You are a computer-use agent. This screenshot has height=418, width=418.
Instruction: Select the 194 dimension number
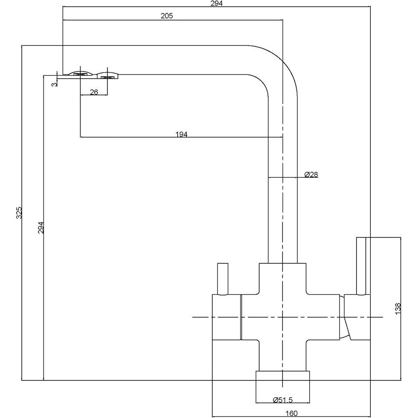[181, 134]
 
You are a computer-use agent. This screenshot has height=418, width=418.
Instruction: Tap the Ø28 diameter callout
[311, 175]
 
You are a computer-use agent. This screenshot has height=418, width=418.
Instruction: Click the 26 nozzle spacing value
[94, 92]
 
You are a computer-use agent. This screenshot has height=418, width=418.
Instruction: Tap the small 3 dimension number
[53, 85]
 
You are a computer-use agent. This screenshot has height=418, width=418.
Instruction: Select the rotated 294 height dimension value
[41, 227]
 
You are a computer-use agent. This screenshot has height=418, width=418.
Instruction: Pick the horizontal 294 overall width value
[217, 4]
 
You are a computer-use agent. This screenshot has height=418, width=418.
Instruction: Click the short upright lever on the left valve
[222, 279]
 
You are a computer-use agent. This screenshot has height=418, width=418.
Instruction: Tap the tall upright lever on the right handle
[361, 265]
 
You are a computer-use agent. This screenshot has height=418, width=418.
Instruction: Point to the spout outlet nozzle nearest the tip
[80, 74]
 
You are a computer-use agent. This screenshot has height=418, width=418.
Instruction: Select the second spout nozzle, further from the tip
[107, 75]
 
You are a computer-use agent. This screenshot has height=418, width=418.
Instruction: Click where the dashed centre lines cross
[283, 318]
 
